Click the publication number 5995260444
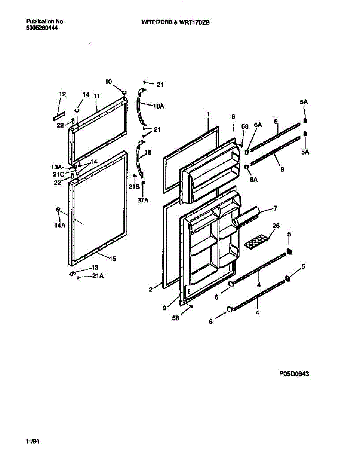pyautogui.click(x=42, y=28)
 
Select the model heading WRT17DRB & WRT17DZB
pyautogui.click(x=175, y=22)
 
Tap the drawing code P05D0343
pyautogui.click(x=294, y=373)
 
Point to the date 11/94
pyautogui.click(x=33, y=442)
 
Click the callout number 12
pyautogui.click(x=62, y=94)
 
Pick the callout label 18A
pyautogui.click(x=159, y=106)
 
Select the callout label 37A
pyautogui.click(x=143, y=200)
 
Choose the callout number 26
pyautogui.click(x=276, y=226)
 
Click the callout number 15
pyautogui.click(x=113, y=258)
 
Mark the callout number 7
pyautogui.click(x=275, y=207)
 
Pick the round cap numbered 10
pyautogui.click(x=124, y=92)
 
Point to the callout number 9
pyautogui.click(x=233, y=117)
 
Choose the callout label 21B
pyautogui.click(x=134, y=186)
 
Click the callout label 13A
pyautogui.click(x=56, y=167)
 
